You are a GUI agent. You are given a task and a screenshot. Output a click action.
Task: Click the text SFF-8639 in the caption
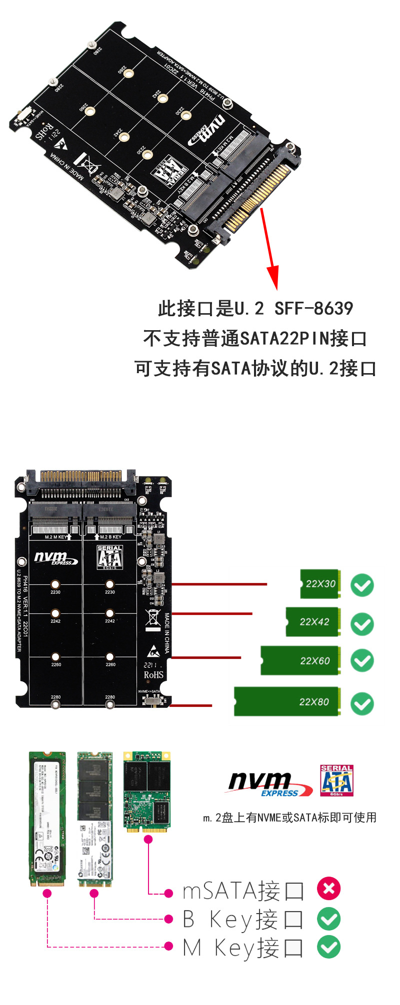pos(313,309)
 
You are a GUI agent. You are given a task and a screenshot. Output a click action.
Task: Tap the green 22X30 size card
pos(320,583)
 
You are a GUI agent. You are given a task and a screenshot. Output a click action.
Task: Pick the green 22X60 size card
pos(300,660)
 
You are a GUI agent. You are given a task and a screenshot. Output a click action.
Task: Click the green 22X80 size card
pos(287,701)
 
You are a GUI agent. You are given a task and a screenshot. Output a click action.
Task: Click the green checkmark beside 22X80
pos(362,704)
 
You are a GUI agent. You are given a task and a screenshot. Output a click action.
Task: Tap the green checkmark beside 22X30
pos(362,585)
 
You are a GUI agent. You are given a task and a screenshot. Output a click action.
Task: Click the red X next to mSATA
pos(328,889)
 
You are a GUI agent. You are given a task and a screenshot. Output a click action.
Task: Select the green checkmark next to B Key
pos(328,918)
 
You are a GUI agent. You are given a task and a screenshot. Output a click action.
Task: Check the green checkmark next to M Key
pos(328,947)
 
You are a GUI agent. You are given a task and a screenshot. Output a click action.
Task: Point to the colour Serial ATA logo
pos(336,780)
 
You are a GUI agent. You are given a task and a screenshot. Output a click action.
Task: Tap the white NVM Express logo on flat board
pos(55,558)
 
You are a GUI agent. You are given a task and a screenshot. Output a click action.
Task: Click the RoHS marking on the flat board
pos(153,675)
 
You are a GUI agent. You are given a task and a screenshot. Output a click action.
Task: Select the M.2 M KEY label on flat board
pos(55,537)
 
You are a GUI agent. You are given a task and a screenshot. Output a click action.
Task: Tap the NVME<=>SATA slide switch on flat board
pos(152,700)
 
